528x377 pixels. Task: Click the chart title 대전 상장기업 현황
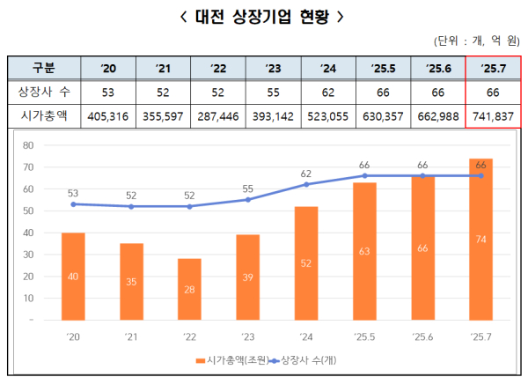(x=263, y=16)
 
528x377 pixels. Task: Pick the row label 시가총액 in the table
(x=43, y=115)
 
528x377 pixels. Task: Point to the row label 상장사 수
(x=43, y=92)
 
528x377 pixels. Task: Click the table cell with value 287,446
(x=218, y=115)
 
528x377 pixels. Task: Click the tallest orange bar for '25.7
(x=480, y=239)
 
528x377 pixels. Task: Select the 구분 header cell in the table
(x=43, y=68)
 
